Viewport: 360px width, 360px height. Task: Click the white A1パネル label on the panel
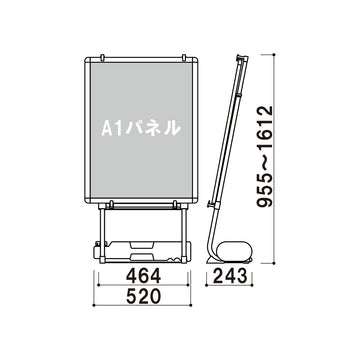click(141, 128)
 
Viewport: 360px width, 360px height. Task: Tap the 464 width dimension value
click(143, 276)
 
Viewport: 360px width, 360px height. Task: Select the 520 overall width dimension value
click(143, 296)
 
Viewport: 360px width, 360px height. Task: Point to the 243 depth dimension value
click(230, 276)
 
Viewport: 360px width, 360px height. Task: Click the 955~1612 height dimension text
click(266, 157)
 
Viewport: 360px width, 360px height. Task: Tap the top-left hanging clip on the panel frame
click(102, 57)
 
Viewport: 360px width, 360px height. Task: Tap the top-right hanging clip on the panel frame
click(184, 57)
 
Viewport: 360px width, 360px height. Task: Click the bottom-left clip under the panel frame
click(111, 204)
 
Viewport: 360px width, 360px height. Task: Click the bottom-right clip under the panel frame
click(174, 204)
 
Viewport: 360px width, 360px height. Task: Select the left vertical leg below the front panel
click(102, 233)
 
